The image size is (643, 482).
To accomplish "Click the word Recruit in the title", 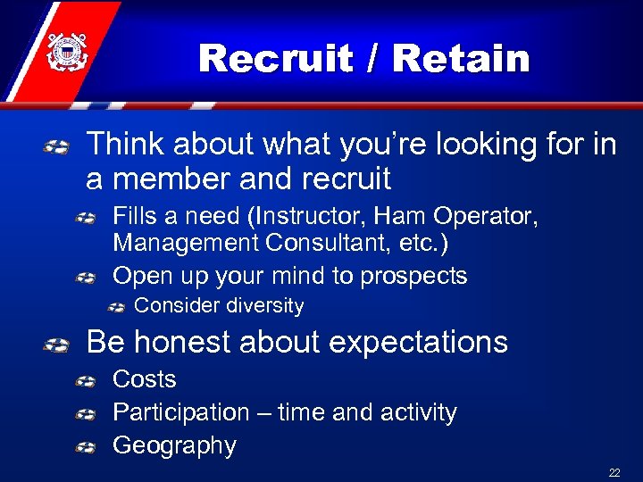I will pos(278,59).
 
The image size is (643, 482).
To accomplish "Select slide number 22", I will pos(614,472).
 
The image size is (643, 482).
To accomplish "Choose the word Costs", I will pos(144,379).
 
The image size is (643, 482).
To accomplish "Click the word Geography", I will pos(174,445).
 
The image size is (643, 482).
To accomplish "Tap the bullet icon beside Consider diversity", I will pos(116,307).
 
